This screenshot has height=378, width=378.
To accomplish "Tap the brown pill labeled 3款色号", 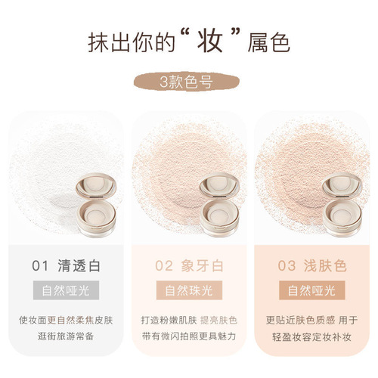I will pyautogui.click(x=188, y=82).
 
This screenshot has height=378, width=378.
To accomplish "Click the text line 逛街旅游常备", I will pyautogui.click(x=67, y=336).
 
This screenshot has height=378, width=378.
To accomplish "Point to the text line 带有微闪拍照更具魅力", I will pyautogui.click(x=188, y=336).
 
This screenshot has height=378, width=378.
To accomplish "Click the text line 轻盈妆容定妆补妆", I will pyautogui.click(x=311, y=336).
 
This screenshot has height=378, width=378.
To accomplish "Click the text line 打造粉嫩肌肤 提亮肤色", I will pyautogui.click(x=188, y=319).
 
